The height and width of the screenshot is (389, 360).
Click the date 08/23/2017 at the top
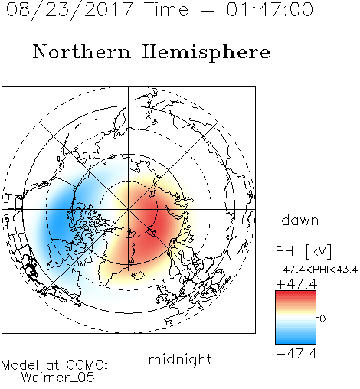click(69, 9)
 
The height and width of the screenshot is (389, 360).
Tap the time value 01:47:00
click(270, 9)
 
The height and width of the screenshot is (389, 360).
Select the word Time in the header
click(166, 9)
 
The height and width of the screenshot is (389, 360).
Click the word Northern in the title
click(81, 52)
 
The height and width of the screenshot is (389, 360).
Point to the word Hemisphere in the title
click(206, 53)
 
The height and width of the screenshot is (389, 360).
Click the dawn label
click(300, 220)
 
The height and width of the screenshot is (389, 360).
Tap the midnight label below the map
click(180, 360)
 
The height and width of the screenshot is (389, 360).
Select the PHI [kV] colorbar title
click(303, 251)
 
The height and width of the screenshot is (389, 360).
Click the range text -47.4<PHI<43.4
click(316, 270)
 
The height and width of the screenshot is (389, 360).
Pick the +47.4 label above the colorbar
click(296, 284)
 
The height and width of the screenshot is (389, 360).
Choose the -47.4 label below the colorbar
click(296, 354)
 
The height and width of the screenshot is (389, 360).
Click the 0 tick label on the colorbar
click(322, 319)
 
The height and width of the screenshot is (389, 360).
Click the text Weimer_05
click(57, 378)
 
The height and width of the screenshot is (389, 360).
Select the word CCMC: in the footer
click(87, 364)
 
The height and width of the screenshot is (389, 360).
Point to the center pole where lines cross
click(129, 209)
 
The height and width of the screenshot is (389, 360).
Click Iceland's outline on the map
click(138, 275)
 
